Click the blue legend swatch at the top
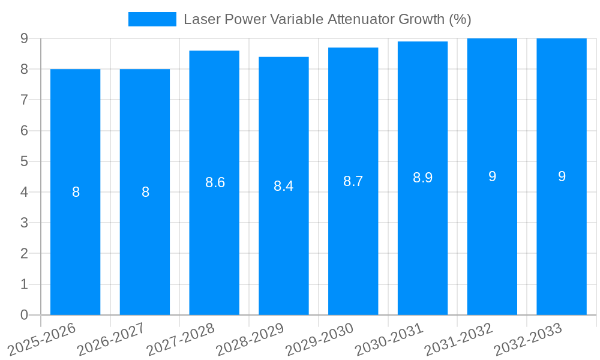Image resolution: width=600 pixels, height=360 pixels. tap(152, 19)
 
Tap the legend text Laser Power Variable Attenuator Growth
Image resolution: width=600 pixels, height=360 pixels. tap(327, 19)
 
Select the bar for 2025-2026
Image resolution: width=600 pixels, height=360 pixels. tap(75, 192)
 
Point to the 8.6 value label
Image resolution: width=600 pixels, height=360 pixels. tap(215, 182)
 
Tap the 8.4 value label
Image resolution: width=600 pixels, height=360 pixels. tap(283, 186)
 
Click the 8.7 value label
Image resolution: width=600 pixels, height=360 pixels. tap(353, 181)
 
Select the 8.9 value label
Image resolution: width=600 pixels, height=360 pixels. tap(422, 178)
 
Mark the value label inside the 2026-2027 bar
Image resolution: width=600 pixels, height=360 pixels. tap(145, 192)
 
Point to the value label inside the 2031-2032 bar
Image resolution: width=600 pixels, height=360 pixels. tap(492, 176)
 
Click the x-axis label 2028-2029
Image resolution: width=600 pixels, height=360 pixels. tap(250, 339)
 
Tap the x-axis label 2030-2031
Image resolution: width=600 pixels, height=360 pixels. tap(389, 339)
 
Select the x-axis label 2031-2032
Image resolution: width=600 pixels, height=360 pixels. tap(459, 339)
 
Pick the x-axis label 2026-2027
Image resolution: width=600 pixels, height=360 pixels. tap(112, 339)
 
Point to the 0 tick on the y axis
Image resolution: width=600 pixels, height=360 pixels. tap(24, 315)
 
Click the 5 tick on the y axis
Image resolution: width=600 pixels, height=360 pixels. tap(24, 161)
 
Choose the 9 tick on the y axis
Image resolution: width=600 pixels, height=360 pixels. tap(24, 38)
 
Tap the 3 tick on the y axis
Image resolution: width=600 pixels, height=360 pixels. tap(24, 223)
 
